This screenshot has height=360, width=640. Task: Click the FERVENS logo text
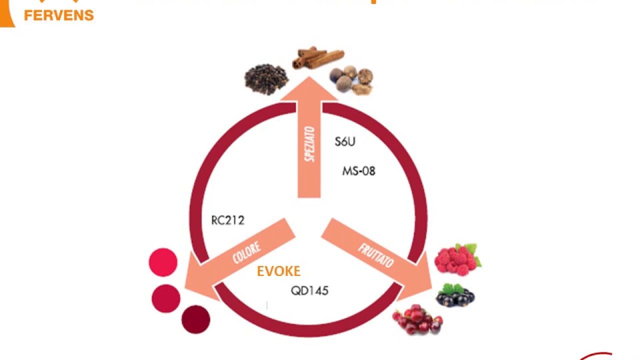(x=58, y=15)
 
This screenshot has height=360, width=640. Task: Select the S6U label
(x=345, y=141)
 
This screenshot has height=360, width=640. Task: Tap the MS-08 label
(x=358, y=171)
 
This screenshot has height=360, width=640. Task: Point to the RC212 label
(x=227, y=220)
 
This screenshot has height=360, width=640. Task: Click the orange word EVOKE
(x=278, y=271)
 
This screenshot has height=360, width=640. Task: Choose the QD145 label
(x=309, y=290)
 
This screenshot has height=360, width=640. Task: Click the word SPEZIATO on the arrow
(x=309, y=144)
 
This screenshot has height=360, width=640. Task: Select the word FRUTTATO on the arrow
(x=375, y=255)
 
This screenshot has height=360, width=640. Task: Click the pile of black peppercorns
(x=266, y=78)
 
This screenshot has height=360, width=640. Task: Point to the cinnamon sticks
(x=317, y=57)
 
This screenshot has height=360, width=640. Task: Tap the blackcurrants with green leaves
(x=455, y=295)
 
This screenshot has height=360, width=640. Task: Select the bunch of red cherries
(x=418, y=320)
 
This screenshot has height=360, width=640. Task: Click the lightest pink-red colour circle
(x=163, y=262)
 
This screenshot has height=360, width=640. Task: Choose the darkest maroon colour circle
(x=196, y=319)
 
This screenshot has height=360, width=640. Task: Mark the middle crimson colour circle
(x=166, y=298)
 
